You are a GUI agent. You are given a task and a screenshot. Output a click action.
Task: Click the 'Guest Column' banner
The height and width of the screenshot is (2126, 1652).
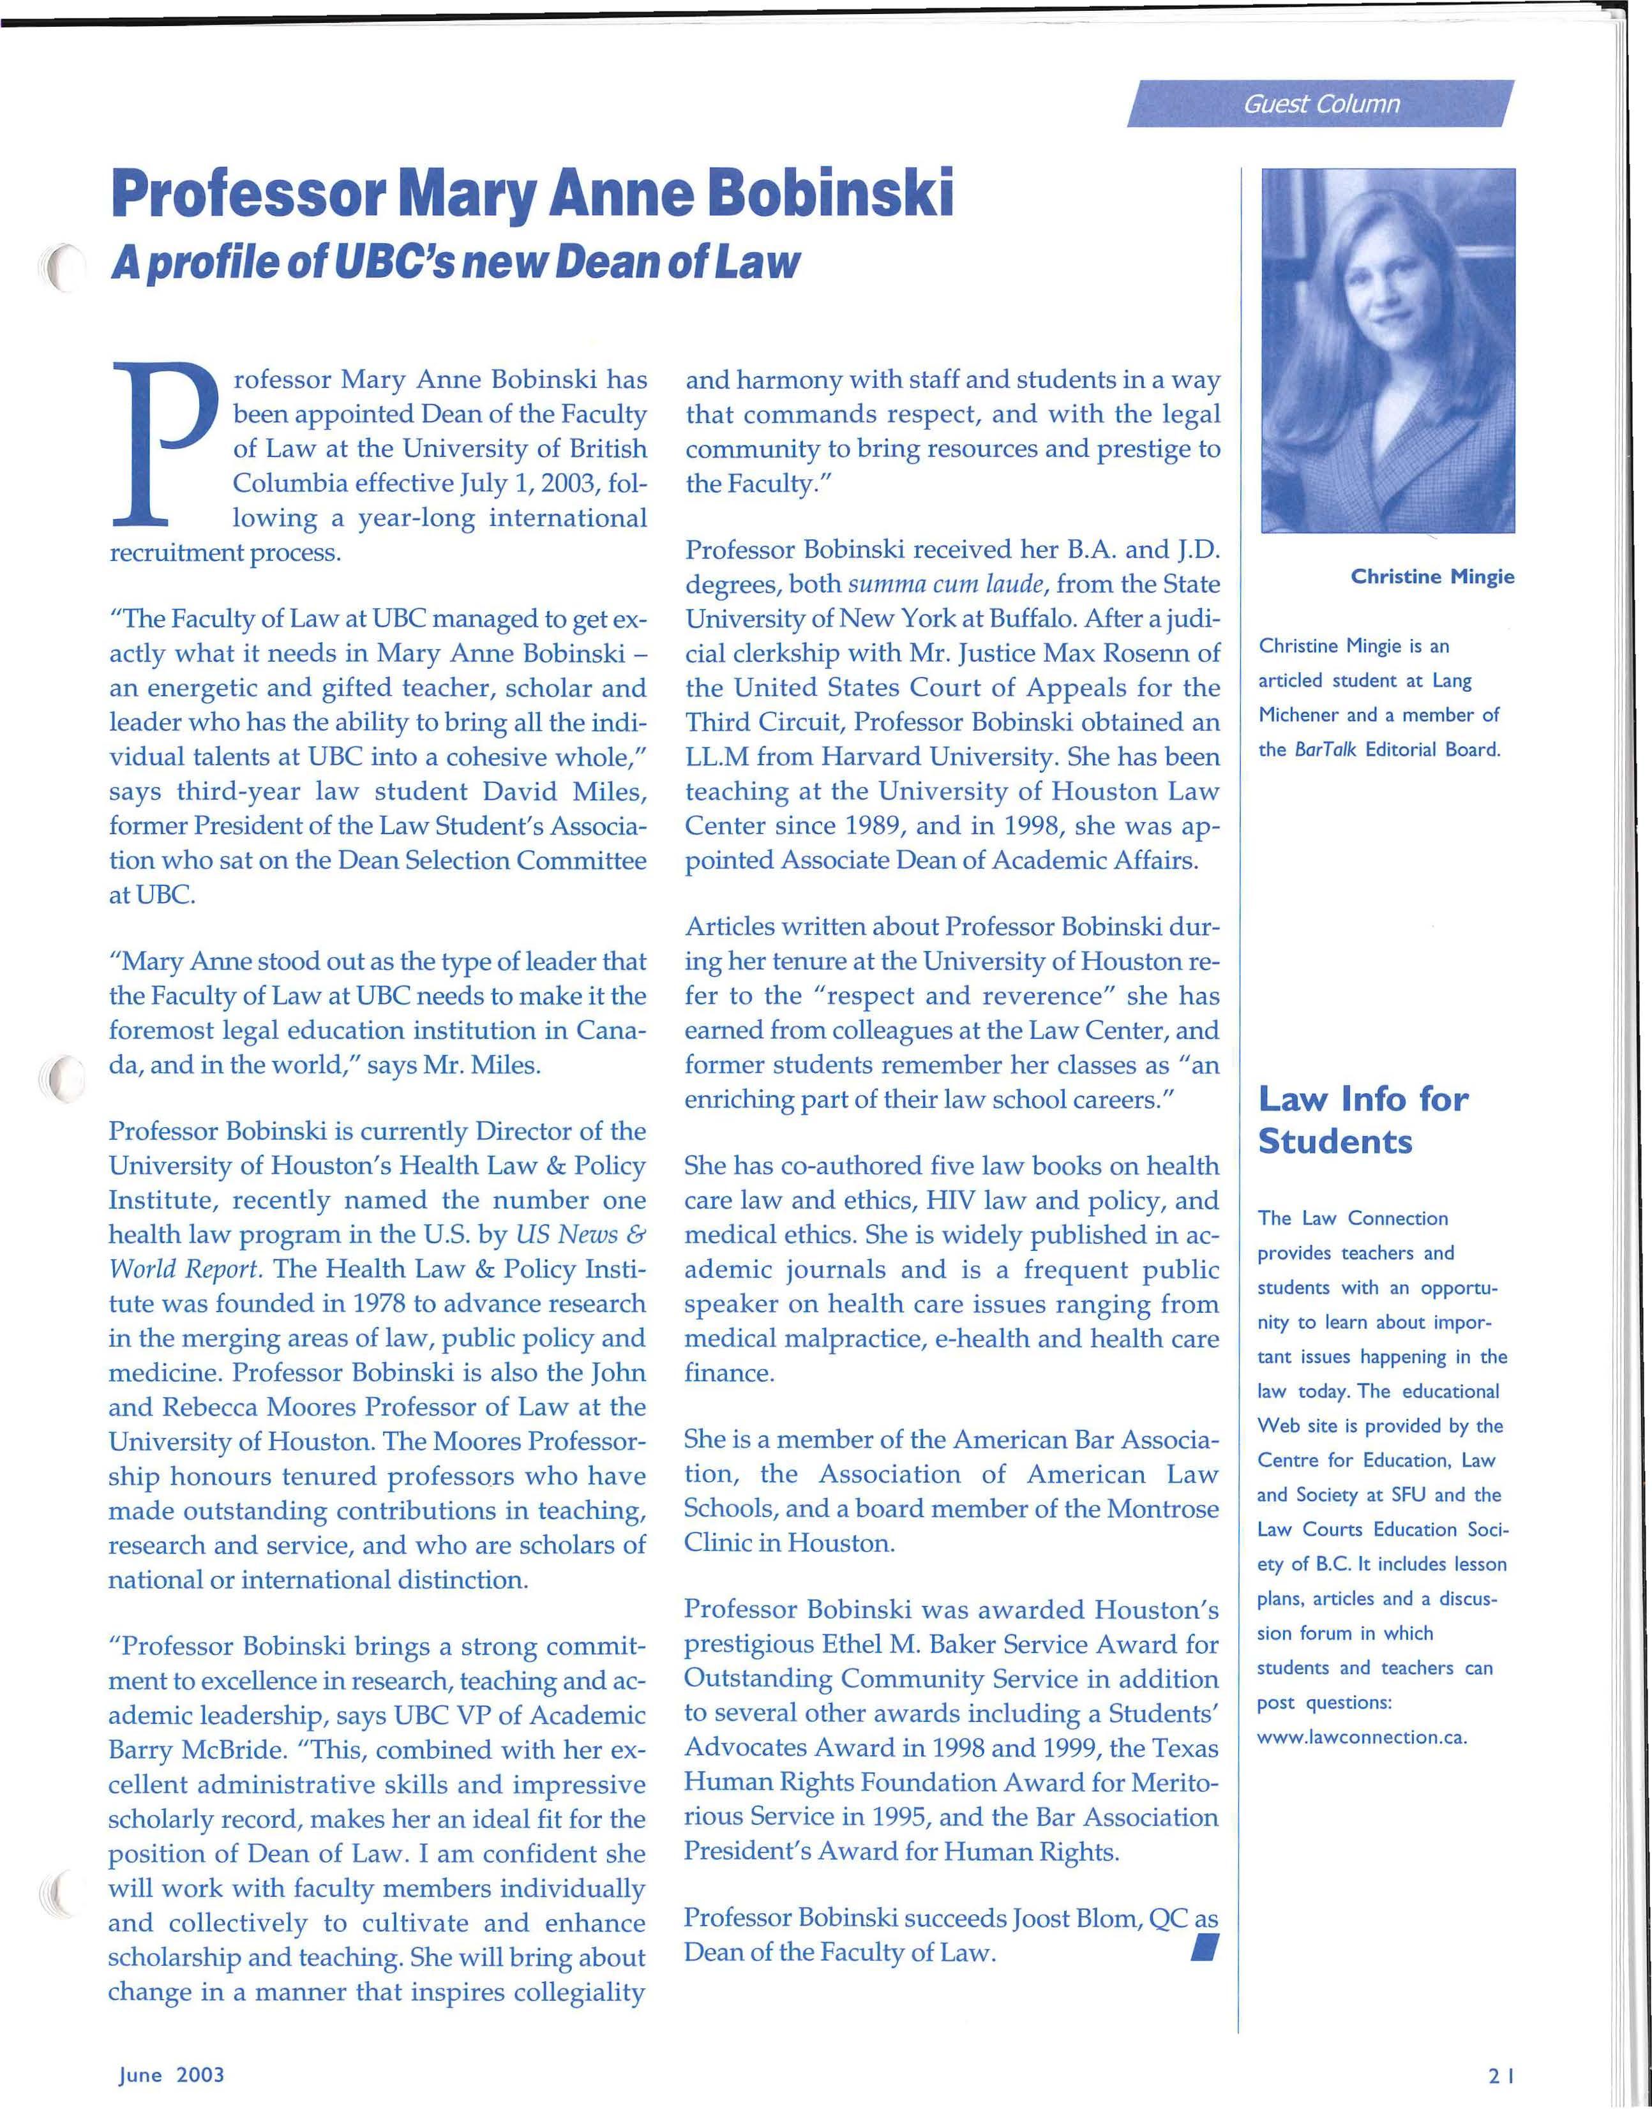1320,104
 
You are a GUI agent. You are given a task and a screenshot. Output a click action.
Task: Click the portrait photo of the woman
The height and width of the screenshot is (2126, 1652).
1387,350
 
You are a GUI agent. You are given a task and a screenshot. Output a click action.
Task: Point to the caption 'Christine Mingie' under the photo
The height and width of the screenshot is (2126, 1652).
1431,577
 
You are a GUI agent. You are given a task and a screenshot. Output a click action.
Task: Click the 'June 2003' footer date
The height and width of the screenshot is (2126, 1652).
171,2074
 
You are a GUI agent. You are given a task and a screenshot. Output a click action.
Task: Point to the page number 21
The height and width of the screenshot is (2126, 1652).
1500,2076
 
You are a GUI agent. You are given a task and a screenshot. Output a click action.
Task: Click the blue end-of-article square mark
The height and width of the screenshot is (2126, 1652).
1204,1948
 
